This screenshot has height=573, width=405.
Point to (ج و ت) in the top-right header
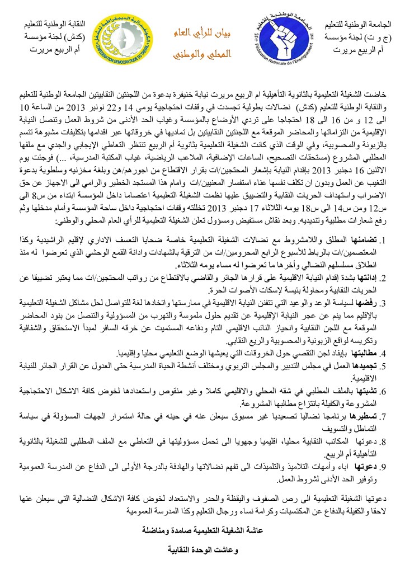click(383, 37)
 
